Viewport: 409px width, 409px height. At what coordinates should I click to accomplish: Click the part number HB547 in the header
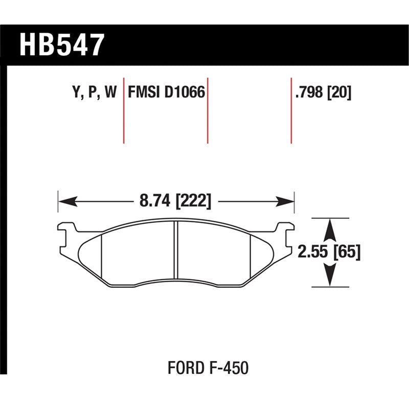tap(62, 44)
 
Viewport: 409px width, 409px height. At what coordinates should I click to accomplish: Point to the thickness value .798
tap(309, 93)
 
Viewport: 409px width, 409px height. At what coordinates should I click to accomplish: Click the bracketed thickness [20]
tap(339, 93)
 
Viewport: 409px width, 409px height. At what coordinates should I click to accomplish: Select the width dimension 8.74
tap(155, 201)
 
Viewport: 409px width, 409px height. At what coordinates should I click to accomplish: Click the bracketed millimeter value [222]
tap(193, 201)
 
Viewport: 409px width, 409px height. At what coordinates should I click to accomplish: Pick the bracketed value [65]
tap(346, 252)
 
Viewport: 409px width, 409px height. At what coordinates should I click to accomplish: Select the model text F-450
tap(232, 368)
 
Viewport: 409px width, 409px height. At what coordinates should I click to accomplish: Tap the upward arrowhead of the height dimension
tap(330, 225)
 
